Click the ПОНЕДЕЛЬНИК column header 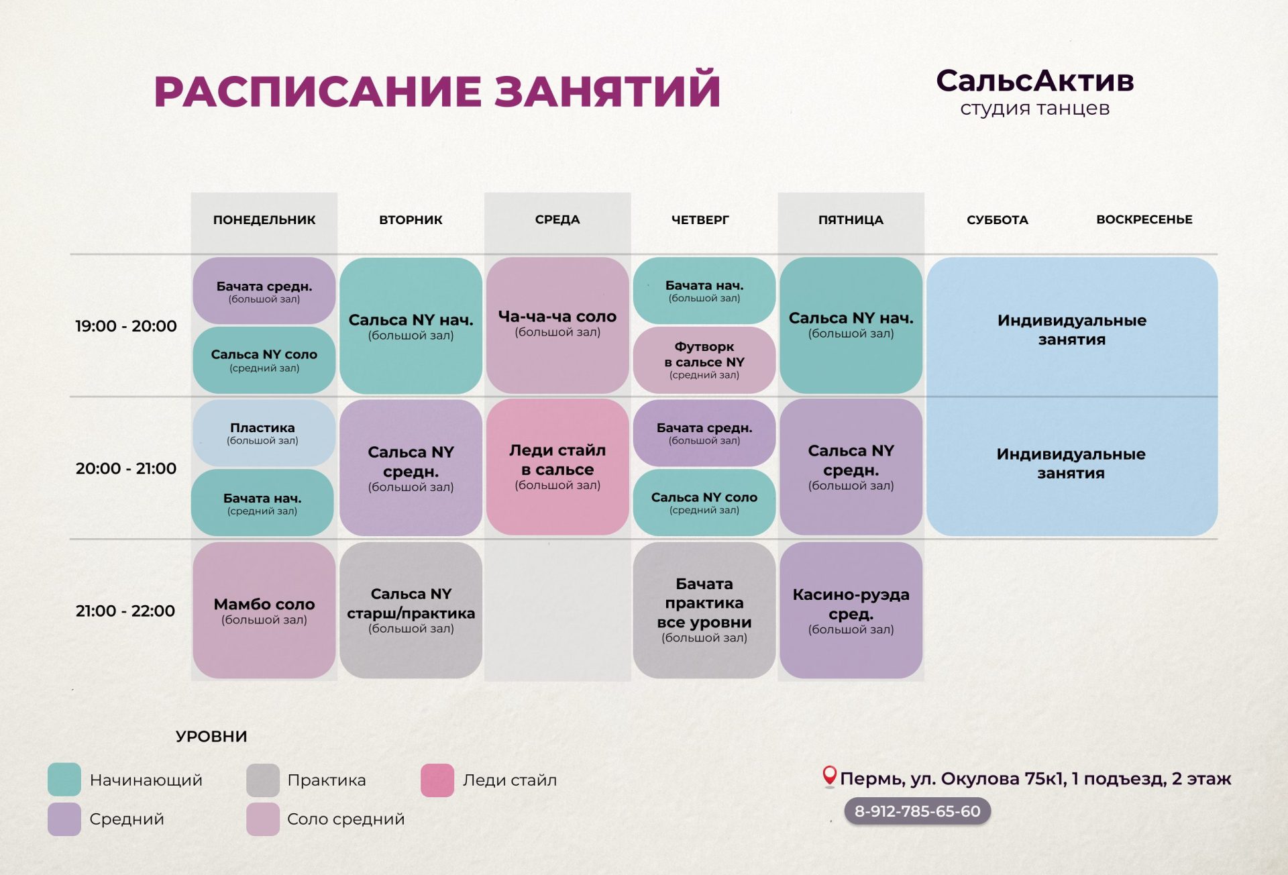point(264,219)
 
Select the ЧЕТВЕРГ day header point(700,219)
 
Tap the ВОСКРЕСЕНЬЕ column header point(1144,219)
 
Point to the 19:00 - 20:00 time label point(126,326)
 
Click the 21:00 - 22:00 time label point(125,611)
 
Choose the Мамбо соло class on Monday point(264,611)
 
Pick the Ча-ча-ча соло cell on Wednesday point(557,325)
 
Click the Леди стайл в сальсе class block point(557,467)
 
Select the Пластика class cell point(264,433)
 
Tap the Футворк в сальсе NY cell point(704,360)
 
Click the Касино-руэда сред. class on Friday point(851,611)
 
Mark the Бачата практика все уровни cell point(704,611)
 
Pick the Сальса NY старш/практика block point(411,611)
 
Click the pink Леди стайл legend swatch point(437,780)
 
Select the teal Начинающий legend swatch point(64,780)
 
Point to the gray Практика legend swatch point(263,780)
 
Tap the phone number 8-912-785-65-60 point(917,811)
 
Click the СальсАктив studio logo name point(1034,81)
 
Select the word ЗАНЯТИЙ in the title point(607,91)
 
